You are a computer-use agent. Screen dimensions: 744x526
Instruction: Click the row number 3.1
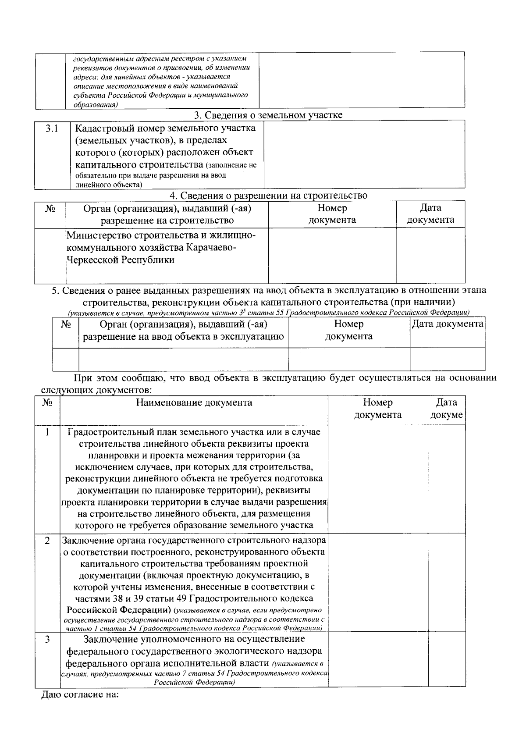[52, 128]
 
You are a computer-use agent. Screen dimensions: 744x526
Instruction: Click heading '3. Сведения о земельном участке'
[268, 115]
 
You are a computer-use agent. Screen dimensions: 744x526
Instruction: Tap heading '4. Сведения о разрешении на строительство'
[268, 196]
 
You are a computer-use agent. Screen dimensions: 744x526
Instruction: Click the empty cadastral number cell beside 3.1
[364, 154]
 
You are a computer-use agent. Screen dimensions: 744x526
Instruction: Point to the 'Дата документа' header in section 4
[430, 214]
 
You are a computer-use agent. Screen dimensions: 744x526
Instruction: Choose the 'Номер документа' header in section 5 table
[348, 330]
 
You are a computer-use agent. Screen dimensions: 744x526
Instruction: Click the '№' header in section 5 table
[66, 325]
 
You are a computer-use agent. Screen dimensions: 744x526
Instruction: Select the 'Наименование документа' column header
[194, 402]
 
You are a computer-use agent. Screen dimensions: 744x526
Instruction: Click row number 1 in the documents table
[47, 432]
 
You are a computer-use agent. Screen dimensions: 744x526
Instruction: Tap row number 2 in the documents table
[47, 541]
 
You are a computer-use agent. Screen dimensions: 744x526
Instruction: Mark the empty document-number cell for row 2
[377, 582]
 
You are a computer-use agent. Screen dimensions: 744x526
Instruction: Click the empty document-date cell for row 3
[446, 659]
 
